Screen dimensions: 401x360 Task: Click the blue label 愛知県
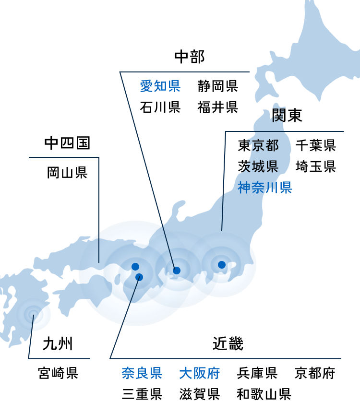160,86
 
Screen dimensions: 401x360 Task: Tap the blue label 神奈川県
265,188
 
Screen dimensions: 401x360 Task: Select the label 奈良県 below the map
142,373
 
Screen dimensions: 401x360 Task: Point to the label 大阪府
199,373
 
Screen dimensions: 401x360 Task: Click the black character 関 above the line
277,116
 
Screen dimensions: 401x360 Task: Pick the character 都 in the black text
272,145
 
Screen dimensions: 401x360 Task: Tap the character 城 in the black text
259,167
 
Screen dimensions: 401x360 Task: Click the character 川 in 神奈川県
272,188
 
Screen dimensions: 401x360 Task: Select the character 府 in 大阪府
213,373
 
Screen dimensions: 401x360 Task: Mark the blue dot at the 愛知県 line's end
176,271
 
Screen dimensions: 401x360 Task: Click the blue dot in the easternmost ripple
221,265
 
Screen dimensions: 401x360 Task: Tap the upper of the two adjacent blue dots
135,267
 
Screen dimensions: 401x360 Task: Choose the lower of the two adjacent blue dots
139,277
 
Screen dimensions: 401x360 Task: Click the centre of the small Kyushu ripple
33,315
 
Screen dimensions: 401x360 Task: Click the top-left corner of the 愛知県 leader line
120,72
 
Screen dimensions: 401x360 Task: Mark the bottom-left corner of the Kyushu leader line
29,358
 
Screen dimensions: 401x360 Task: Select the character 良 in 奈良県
142,373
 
